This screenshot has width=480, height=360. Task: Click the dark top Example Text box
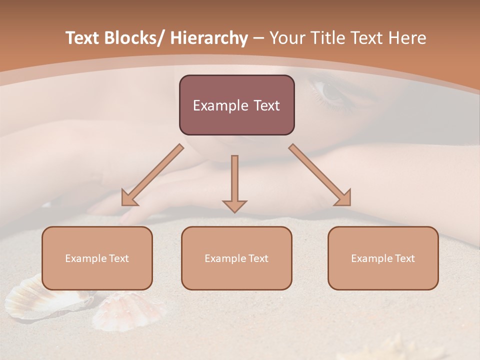[236, 105]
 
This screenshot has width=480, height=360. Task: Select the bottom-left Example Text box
[97, 258]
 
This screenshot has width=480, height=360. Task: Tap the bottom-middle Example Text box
[236, 258]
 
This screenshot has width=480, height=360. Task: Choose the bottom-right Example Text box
[383, 258]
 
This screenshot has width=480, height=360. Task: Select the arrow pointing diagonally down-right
[320, 175]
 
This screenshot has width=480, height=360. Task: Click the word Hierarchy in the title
[209, 38]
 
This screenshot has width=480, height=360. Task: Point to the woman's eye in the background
[330, 91]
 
